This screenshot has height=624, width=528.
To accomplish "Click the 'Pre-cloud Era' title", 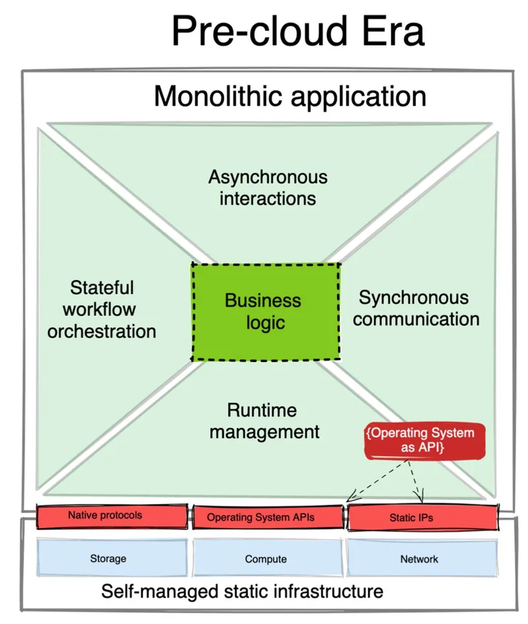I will [x=298, y=32].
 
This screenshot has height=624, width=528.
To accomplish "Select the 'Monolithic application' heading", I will [x=290, y=96].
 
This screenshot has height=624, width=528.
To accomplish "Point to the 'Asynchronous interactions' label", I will [x=267, y=188].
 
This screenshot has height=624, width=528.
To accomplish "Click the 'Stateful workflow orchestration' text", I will [x=102, y=309].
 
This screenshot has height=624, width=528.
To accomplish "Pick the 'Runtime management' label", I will [x=263, y=421].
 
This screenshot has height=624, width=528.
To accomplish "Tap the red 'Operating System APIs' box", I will [x=267, y=517].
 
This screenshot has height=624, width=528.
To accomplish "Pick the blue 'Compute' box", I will [x=267, y=559].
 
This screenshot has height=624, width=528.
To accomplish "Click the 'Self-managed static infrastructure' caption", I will [x=242, y=590].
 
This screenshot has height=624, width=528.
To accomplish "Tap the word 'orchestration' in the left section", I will [x=102, y=331].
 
